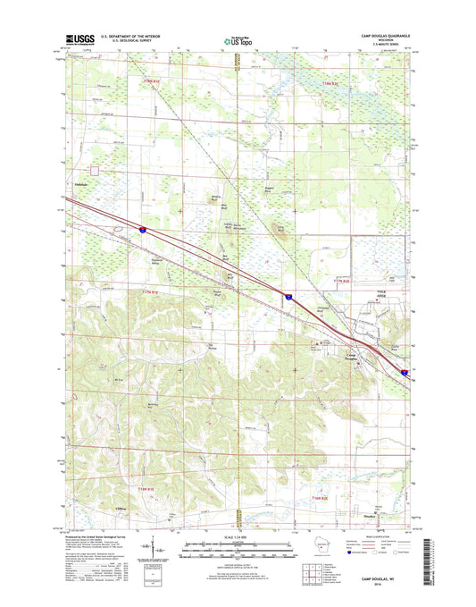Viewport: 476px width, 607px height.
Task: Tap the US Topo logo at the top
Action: point(237,39)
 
